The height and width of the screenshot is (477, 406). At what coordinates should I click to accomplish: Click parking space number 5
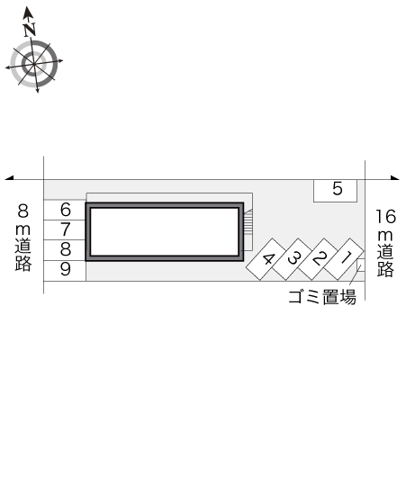click(x=335, y=191)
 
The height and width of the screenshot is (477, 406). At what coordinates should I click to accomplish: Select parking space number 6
click(x=65, y=210)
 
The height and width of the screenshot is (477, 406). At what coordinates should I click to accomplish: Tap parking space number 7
click(x=65, y=230)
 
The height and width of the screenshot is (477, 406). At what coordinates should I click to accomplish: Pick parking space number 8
click(x=65, y=250)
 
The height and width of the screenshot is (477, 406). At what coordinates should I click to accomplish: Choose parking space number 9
click(x=65, y=270)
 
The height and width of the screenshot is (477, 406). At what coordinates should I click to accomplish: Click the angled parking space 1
click(x=344, y=259)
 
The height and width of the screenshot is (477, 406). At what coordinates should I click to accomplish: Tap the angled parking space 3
click(x=293, y=259)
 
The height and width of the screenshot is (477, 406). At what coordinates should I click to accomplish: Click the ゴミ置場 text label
click(x=322, y=297)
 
